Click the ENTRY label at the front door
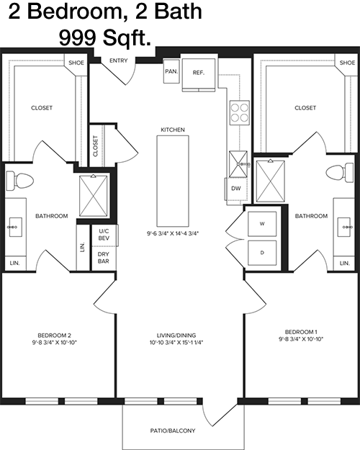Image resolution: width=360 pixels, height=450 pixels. pos(118,60)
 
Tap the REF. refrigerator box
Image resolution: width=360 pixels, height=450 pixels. pos(199,75)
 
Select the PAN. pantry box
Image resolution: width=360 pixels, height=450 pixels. pos(171,71)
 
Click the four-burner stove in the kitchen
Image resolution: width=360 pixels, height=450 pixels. pos(240,112)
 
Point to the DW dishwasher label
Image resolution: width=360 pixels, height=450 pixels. pos(236,189)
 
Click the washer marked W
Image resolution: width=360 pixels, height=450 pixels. pos(262,224)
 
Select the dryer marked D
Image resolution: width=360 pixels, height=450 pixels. pos(262,253)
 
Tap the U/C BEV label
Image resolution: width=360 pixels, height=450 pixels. pos(104,235)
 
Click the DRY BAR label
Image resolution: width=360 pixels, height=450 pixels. pos(104,258)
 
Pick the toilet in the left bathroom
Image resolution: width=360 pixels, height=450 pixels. pos(20,181)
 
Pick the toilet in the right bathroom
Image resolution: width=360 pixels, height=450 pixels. pos(340,173)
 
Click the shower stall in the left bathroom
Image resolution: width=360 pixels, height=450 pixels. pos(94,195)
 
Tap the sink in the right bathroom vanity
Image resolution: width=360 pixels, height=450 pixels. pos(343,227)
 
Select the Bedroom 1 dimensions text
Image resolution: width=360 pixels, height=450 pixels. pos(301,339)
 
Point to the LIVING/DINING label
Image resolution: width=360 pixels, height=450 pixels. pos(176,336)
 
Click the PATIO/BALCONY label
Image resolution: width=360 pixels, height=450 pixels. pos(173,431)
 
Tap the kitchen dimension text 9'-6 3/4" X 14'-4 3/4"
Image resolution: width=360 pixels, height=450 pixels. pos(173,233)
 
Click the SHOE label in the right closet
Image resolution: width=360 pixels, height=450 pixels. pos(347,63)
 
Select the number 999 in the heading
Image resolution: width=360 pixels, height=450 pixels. pos(77,38)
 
